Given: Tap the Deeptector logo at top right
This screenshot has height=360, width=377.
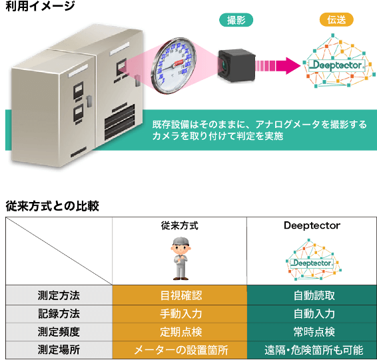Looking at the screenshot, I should (337, 66).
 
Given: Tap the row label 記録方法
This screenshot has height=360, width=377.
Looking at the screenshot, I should (59, 313).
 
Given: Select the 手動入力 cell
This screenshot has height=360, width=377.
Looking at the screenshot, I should (179, 313).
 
